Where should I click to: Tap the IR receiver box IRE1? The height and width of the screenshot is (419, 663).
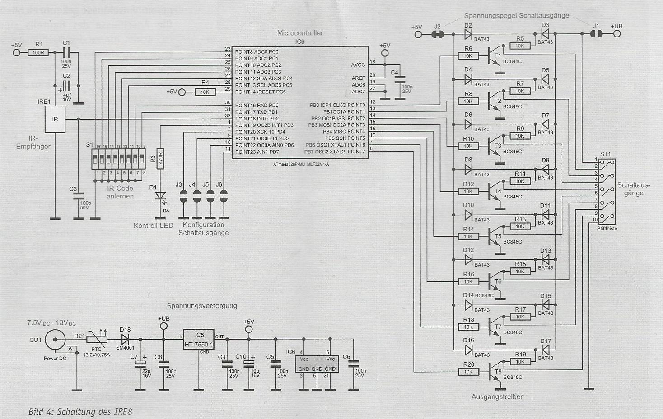tap(55, 120)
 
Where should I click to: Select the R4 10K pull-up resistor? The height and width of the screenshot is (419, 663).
tap(205, 92)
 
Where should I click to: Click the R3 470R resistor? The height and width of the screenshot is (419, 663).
tap(159, 159)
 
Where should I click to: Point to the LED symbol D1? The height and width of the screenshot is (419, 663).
tap(159, 196)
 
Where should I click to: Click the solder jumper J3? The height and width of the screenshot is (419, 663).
tap(183, 196)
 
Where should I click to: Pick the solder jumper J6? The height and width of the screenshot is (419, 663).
tap(223, 196)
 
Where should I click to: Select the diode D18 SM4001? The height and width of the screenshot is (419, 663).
tap(126, 338)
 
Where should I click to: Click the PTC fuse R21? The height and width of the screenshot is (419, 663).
tap(97, 339)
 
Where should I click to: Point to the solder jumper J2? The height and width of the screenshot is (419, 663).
tap(437, 34)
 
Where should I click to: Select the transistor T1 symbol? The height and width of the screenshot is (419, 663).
tap(494, 57)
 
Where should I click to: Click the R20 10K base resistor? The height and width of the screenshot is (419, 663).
tap(468, 372)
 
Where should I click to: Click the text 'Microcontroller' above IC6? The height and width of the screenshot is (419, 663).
tap(300, 33)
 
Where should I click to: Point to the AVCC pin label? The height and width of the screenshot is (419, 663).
tap(358, 65)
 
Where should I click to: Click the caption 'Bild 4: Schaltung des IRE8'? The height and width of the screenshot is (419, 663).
tap(80, 412)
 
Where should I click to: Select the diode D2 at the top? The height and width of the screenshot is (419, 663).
tap(468, 34)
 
